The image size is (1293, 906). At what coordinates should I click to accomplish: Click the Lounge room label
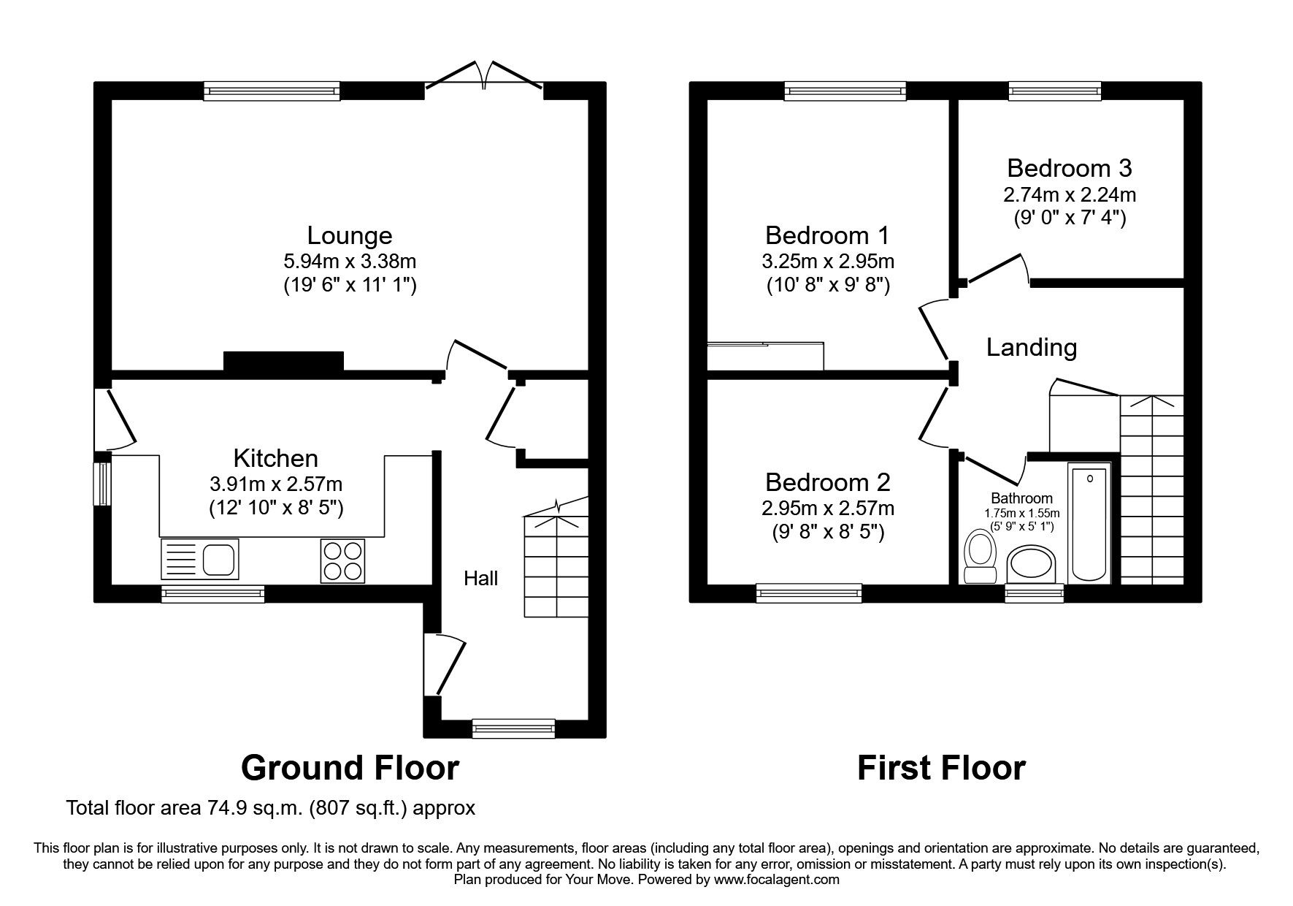349,235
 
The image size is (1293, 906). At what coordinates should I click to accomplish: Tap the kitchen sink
199,560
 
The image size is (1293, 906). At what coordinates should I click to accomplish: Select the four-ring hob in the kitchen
342,560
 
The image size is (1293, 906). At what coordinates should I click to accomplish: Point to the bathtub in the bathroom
1089,524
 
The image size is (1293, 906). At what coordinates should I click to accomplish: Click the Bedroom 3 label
1069,168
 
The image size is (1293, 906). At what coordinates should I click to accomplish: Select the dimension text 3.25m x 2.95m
829,261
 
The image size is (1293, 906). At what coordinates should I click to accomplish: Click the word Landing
1031,347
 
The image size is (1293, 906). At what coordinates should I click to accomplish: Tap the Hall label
481,579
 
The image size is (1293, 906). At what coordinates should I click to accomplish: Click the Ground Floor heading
350,768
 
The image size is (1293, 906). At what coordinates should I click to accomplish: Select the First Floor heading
941,768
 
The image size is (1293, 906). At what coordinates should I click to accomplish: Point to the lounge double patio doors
484,80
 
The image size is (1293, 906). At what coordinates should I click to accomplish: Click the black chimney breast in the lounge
283,363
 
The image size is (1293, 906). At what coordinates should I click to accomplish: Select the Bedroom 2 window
809,593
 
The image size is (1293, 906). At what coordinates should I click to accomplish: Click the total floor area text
271,808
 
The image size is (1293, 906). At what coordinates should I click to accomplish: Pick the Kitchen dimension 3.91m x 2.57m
276,484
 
